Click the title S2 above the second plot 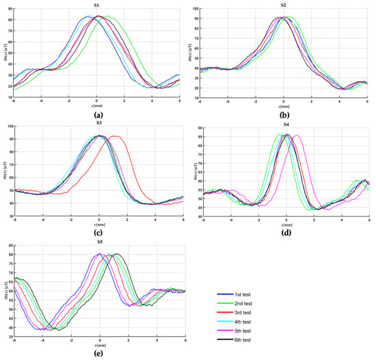[x=284, y=5]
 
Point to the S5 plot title [x=99, y=242]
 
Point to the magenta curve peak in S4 [x=296, y=135]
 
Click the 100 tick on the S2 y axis [x=194, y=10]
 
